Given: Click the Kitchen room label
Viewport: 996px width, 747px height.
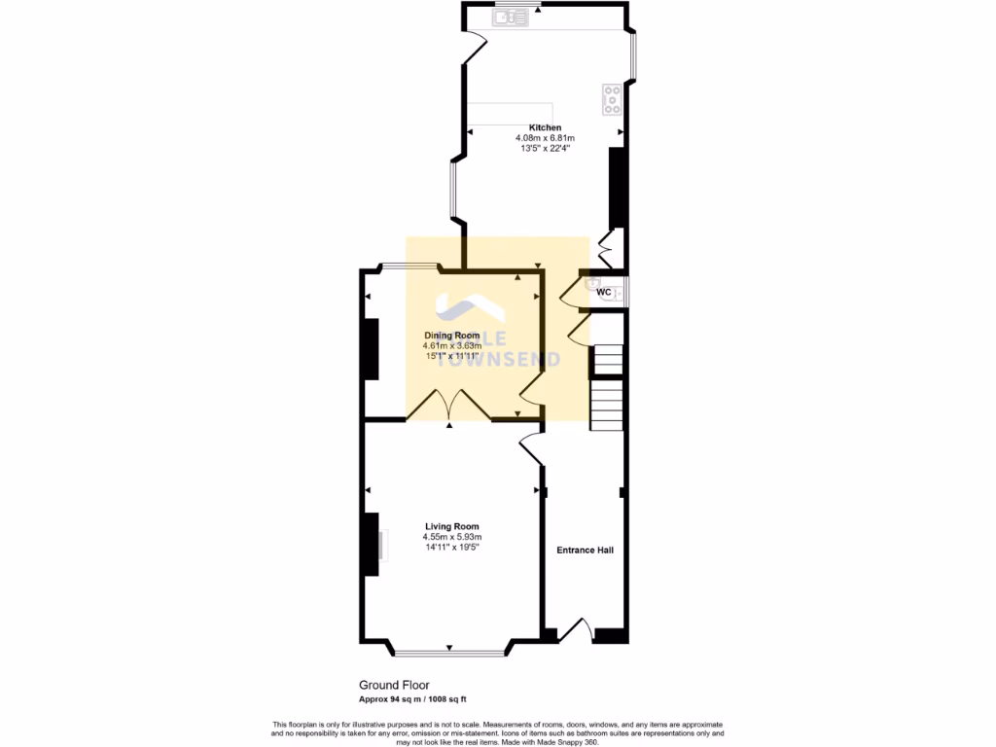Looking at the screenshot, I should pos(545,127).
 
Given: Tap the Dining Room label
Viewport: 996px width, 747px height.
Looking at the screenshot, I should pos(452,335).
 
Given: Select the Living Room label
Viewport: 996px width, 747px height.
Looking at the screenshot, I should pos(452,526).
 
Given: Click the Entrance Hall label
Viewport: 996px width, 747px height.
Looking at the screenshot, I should pos(585,550).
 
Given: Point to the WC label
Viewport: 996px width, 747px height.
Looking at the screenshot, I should pos(603,291).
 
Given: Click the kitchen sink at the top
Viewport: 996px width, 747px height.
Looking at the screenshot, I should pos(510,16).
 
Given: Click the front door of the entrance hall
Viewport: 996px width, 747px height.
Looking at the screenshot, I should pos(579,630).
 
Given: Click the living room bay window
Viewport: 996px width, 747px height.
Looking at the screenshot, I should pos(449,651).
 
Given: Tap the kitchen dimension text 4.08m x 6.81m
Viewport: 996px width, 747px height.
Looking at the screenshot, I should pos(545,138).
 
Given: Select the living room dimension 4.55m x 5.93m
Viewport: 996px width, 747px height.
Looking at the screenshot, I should pos(452,537).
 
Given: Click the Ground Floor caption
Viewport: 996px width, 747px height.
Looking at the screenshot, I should pos(394,685).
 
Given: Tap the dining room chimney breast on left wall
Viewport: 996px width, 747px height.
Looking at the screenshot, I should pos(370,348).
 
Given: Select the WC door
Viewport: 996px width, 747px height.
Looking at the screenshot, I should pos(573,288).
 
